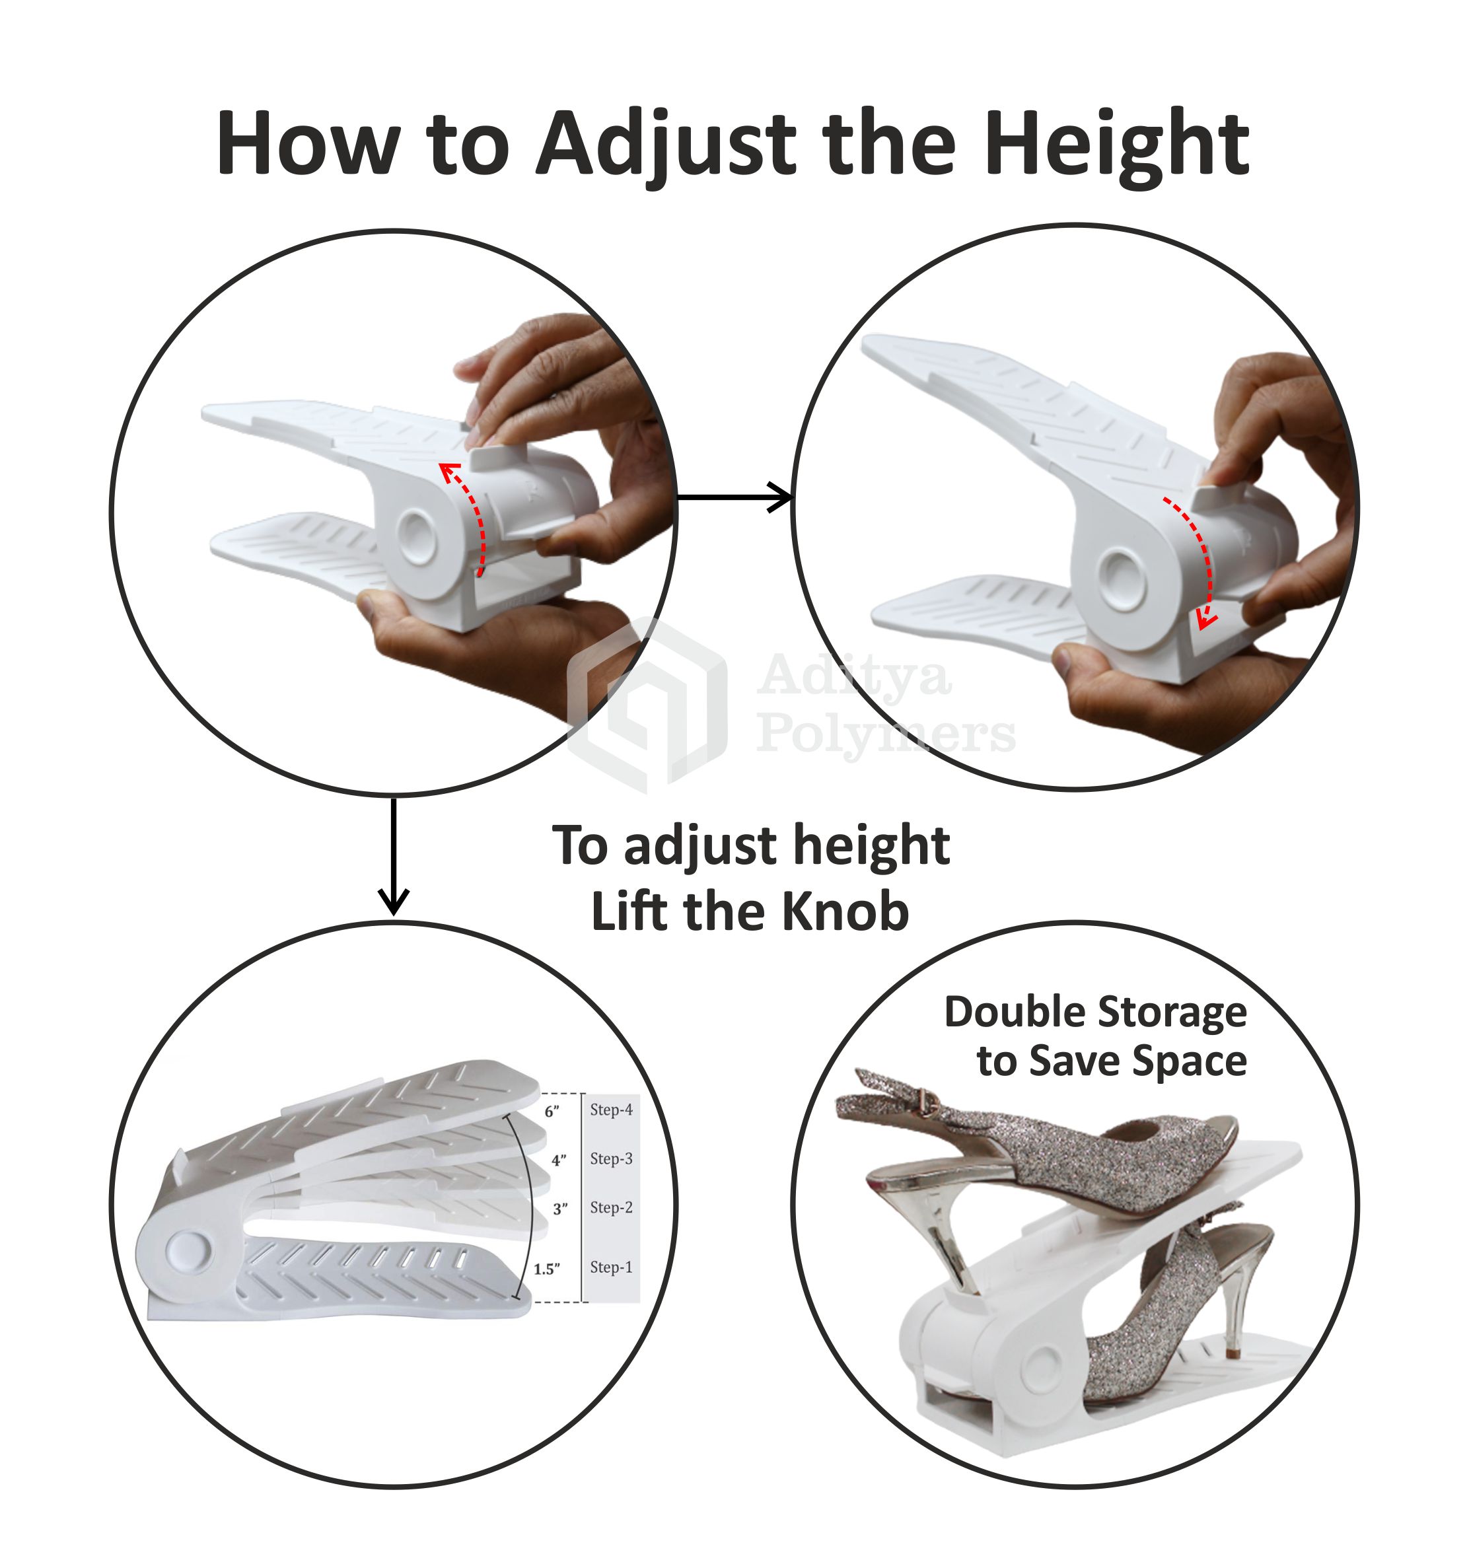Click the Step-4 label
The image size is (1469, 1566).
611,1110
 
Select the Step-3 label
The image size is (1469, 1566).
611,1158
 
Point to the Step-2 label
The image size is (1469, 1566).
611,1207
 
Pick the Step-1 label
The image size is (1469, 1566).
611,1267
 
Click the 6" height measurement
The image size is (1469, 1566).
552,1112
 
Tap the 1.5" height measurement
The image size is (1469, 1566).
547,1269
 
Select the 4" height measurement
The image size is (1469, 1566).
558,1160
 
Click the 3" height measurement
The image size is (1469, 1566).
560,1209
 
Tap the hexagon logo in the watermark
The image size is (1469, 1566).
647,705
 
